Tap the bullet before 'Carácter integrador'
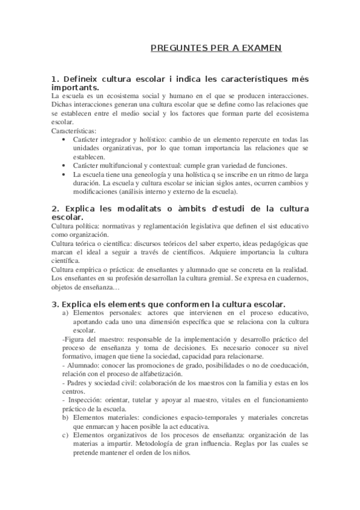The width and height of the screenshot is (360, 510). pyautogui.click(x=66, y=140)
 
